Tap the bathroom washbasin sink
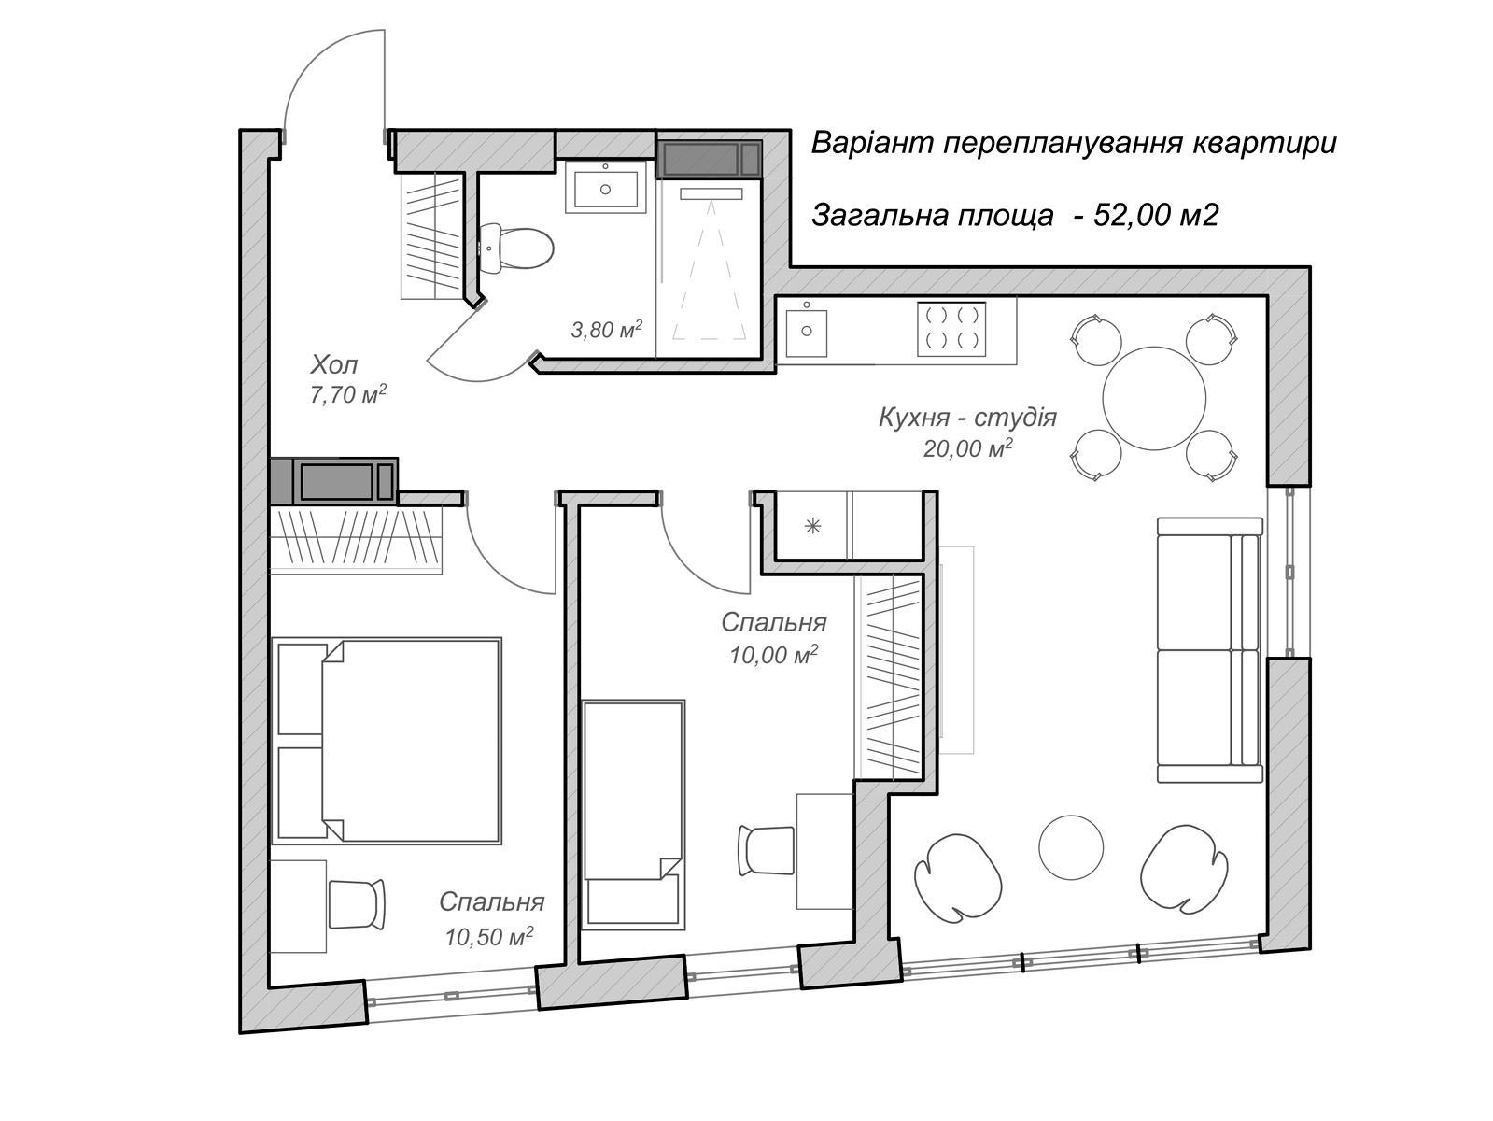pyautogui.click(x=605, y=187)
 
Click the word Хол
pyautogui.click(x=333, y=365)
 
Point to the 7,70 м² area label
pyautogui.click(x=348, y=394)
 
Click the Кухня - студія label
pyautogui.click(x=967, y=417)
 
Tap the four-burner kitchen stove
pyautogui.click(x=951, y=329)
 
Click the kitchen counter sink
pyautogui.click(x=806, y=333)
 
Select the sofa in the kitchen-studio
pyautogui.click(x=1208, y=649)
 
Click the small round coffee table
pyautogui.click(x=1071, y=847)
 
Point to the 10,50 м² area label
pyautogui.click(x=488, y=937)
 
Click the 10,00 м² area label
pyautogui.click(x=773, y=654)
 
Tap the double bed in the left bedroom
pyautogui.click(x=387, y=741)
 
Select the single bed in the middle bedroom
pyautogui.click(x=633, y=815)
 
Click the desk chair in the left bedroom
pyautogui.click(x=357, y=904)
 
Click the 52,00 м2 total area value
pyautogui.click(x=1156, y=215)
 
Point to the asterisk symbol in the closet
pyautogui.click(x=813, y=526)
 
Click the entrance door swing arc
pyautogui.click(x=309, y=58)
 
